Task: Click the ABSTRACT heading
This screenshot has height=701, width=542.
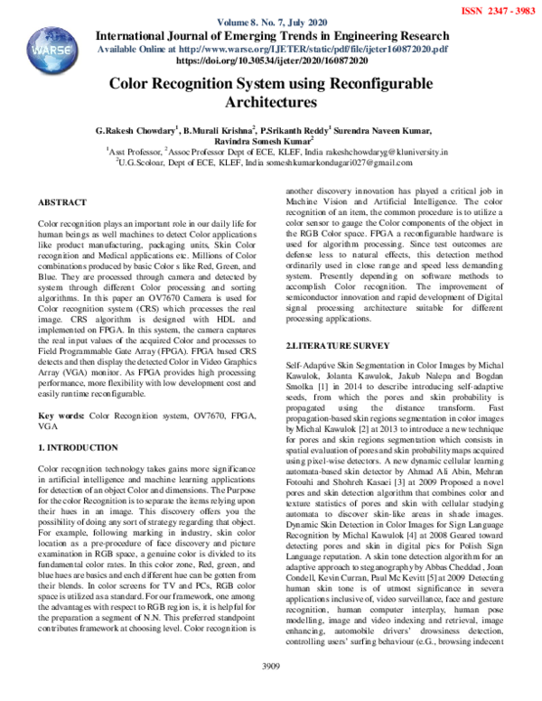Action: coord(62,204)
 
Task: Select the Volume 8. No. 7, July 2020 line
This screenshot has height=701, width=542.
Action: coord(270,21)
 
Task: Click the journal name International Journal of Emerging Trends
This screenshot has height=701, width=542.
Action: coord(270,34)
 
